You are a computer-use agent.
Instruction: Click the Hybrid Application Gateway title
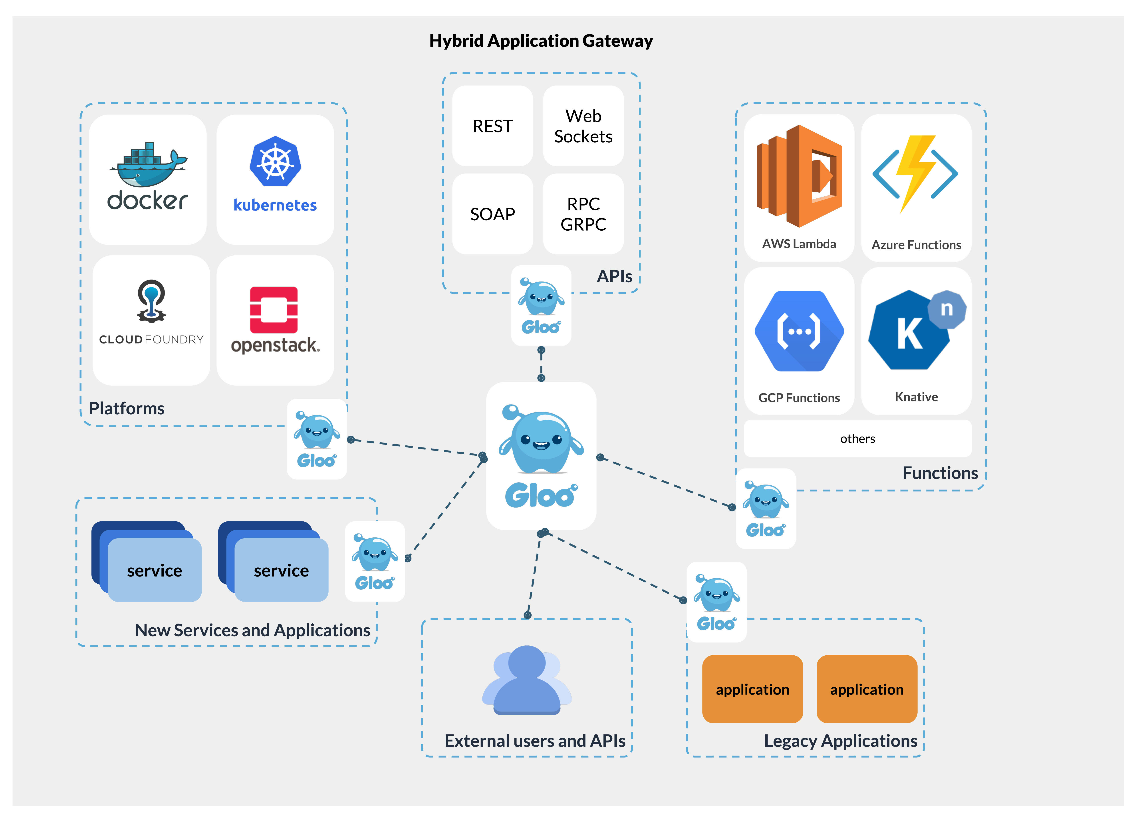point(541,41)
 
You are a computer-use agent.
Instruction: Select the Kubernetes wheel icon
point(275,162)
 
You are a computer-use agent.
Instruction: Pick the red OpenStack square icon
point(274,309)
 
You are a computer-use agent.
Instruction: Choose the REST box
point(492,126)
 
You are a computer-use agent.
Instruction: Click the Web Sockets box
point(583,126)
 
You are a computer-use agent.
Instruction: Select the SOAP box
point(492,214)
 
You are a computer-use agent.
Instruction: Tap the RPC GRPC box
point(583,214)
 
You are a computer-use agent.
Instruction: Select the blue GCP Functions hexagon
point(799,331)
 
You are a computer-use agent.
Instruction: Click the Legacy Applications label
point(840,741)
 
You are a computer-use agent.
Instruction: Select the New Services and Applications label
point(252,630)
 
